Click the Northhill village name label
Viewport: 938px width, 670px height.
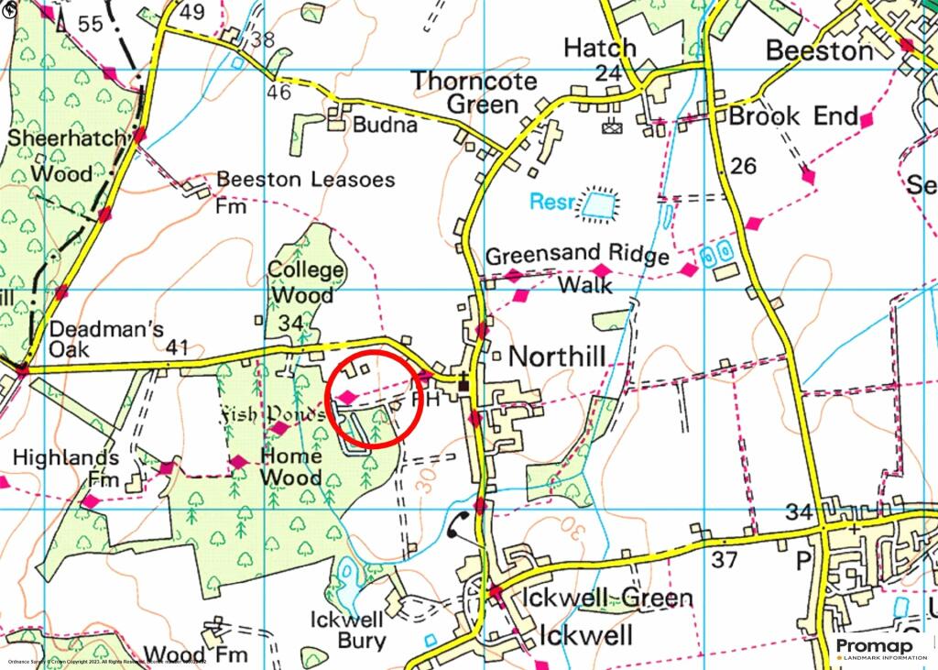point(557,357)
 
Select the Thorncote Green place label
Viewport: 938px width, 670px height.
point(474,92)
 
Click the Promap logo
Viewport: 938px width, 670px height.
point(880,647)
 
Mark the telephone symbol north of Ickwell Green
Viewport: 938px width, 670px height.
point(459,526)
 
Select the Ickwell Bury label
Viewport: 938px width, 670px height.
point(348,631)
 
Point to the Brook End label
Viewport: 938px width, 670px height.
point(793,117)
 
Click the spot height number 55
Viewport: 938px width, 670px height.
point(92,25)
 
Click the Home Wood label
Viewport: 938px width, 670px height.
point(291,467)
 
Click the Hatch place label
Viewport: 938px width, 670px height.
point(599,48)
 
